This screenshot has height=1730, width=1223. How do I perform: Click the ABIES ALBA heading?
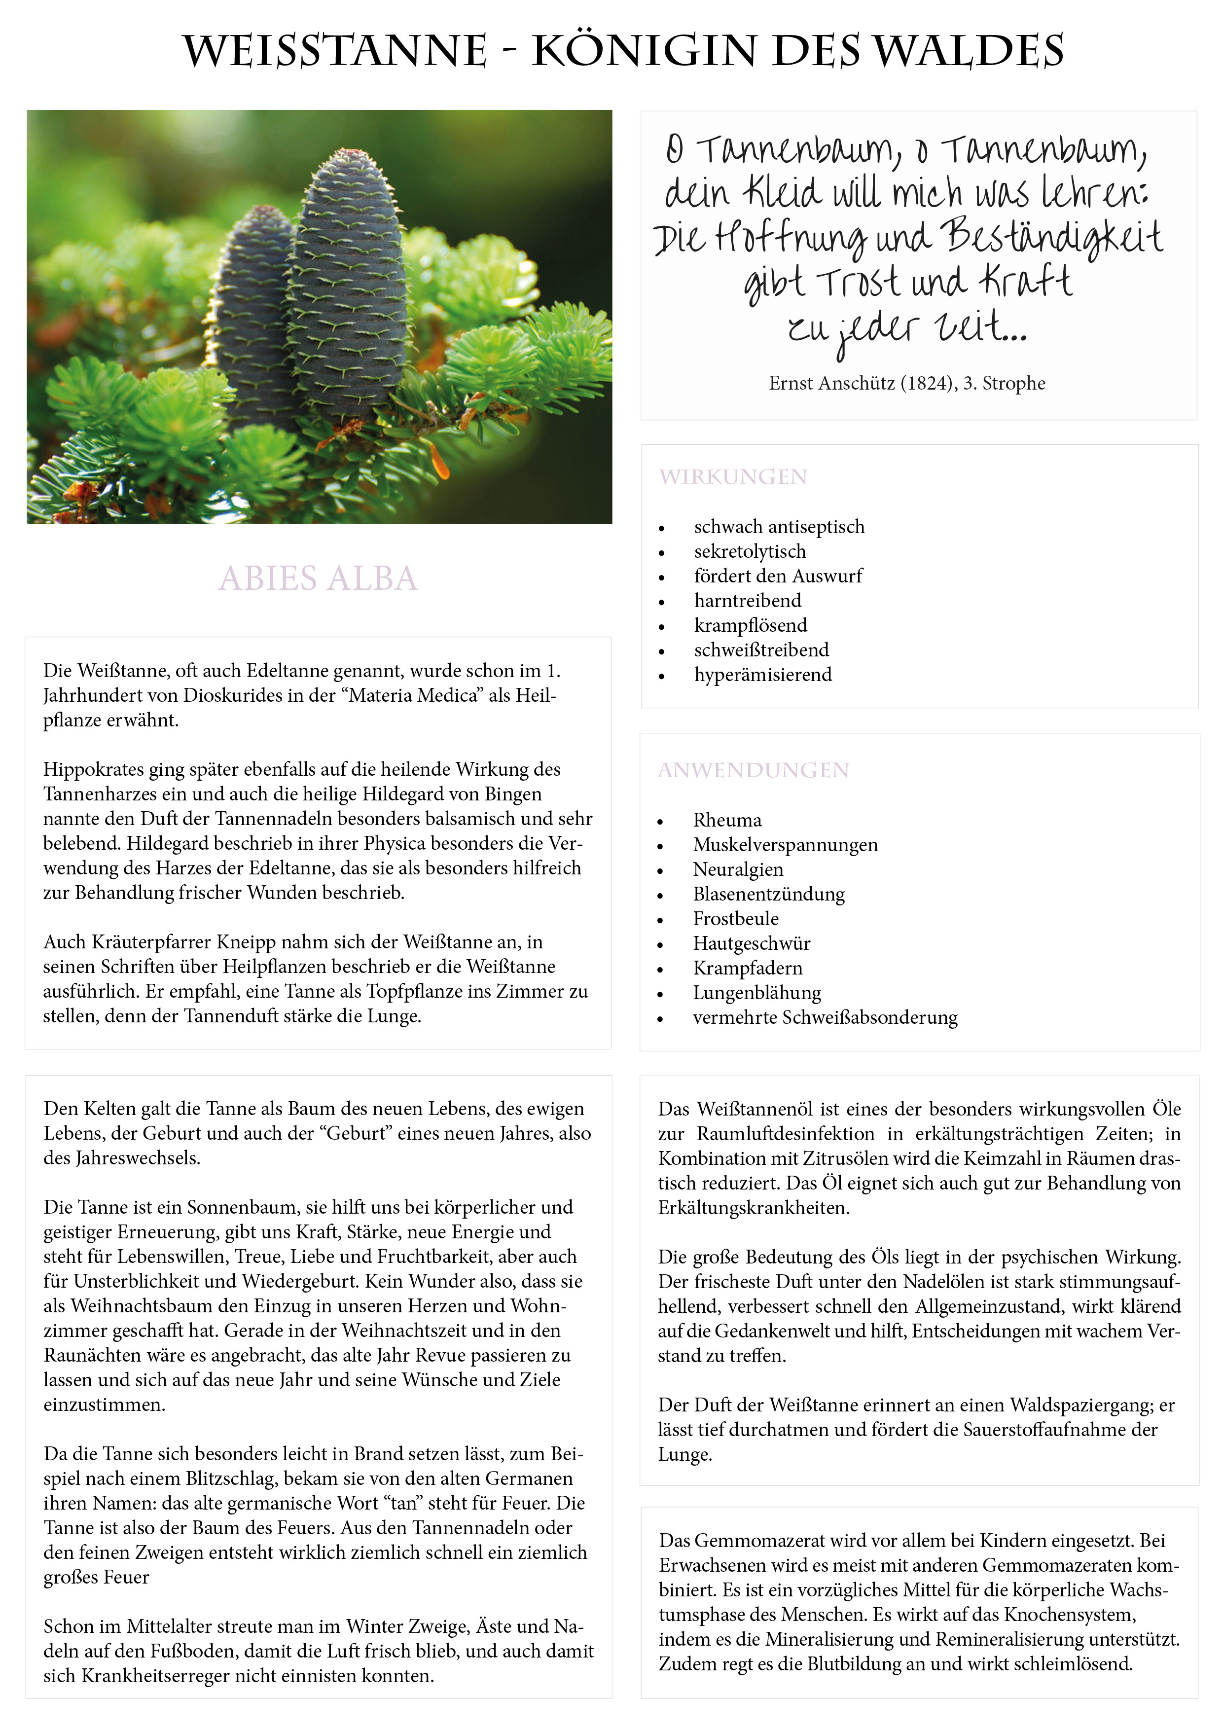coord(318,578)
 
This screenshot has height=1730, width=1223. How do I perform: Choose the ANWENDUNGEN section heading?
coord(754,770)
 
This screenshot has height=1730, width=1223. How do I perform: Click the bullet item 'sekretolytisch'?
coord(750,551)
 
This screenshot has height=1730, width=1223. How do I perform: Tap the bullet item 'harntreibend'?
coord(748,601)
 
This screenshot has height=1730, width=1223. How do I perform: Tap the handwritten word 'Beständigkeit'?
coord(1052,237)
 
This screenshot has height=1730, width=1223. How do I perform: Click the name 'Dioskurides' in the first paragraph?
coord(229,695)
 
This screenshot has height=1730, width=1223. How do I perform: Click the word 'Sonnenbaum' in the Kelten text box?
coord(243,1207)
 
